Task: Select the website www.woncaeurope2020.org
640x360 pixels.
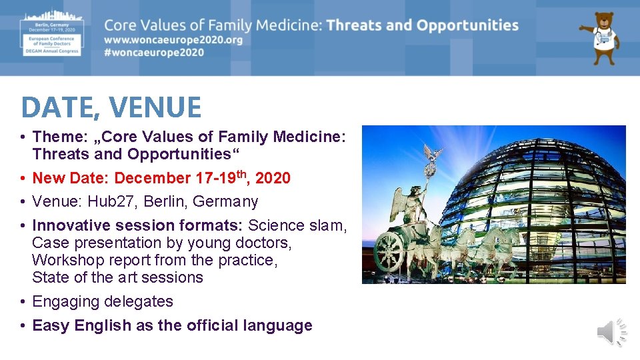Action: coord(173,40)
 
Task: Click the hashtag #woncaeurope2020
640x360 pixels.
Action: coord(154,53)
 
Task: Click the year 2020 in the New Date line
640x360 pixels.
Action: coord(273,178)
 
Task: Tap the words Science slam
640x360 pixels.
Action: coord(297,225)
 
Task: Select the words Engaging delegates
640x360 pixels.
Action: coord(103,301)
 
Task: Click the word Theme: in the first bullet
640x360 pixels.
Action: coord(59,137)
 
